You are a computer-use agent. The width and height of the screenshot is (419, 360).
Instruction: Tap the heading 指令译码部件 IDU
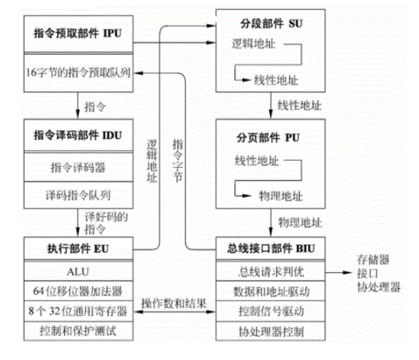pyautogui.click(x=78, y=136)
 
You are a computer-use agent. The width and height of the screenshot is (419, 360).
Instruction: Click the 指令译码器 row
pyautogui.click(x=78, y=168)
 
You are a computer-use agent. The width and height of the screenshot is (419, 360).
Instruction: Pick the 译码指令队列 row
pyautogui.click(x=78, y=194)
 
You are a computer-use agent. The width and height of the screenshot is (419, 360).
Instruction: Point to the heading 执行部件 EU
pyautogui.click(x=78, y=248)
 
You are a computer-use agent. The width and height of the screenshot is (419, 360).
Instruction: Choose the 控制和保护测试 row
pyautogui.click(x=78, y=332)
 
